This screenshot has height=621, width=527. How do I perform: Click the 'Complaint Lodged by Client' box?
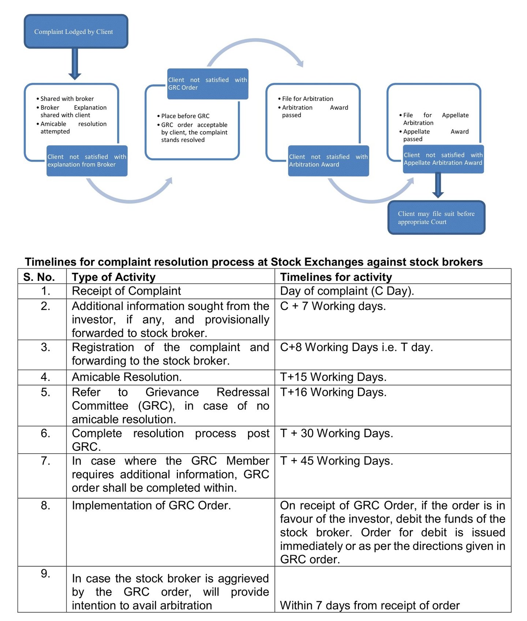pos(76,31)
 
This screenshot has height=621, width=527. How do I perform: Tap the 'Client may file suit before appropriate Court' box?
pos(436,218)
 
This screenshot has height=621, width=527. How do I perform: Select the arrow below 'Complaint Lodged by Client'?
pos(75,64)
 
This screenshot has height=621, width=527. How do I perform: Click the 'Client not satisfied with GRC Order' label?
pos(208,84)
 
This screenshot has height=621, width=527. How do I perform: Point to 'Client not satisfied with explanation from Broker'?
pos(87,161)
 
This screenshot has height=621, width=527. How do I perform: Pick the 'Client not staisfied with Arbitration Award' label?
pos(328,161)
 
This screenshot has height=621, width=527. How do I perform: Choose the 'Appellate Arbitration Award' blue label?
pos(443,159)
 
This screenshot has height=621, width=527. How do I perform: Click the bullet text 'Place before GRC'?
pos(185,116)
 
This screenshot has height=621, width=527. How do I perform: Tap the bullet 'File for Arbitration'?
pos(307,99)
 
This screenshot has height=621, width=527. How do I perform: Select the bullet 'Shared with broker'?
pos(67,99)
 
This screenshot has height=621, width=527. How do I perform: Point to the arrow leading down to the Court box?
pos(438,185)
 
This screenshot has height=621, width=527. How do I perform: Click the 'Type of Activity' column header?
pos(113,277)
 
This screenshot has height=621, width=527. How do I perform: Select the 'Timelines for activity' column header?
pos(336,277)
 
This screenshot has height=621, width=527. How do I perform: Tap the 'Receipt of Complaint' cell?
pos(126,291)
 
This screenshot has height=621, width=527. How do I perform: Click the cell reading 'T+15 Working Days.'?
pos(333,377)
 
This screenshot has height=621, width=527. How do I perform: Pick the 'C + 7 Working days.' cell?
pos(333,306)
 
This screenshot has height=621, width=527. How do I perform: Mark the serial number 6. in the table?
pos(45,433)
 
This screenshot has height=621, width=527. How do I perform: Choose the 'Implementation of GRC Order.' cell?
pos(151,505)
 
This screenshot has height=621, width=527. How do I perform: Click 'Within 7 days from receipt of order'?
pos(370,605)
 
